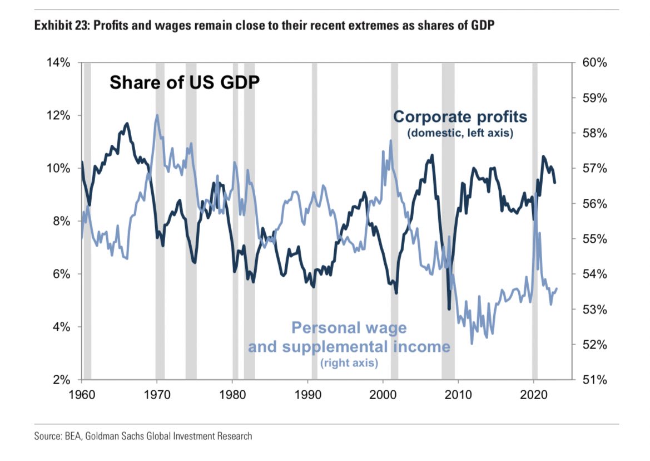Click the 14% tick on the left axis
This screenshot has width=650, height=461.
coord(58,63)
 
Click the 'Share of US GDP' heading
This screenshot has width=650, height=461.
coord(184,82)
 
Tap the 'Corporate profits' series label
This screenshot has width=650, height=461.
coord(460,117)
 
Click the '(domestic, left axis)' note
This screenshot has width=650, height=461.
coord(460,134)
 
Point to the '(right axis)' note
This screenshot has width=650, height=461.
coord(349,364)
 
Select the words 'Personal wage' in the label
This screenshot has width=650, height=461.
coord(349,328)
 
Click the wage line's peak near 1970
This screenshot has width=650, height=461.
coord(157,116)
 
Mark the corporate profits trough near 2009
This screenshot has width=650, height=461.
coord(449,307)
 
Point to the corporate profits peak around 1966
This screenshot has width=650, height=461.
coord(127,124)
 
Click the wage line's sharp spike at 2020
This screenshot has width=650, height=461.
coord(535,193)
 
